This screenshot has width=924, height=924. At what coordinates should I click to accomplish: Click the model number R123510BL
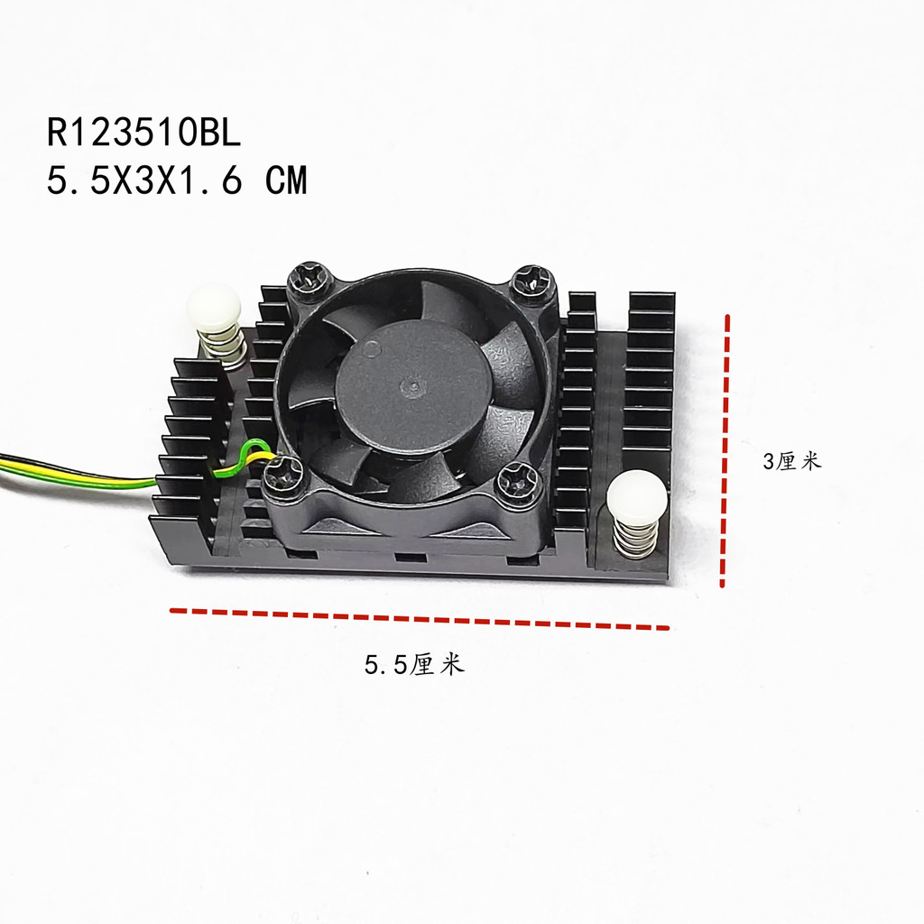point(144,134)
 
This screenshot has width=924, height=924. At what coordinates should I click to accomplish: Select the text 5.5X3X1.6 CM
point(177,182)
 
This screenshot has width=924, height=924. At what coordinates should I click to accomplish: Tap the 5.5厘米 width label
point(413,666)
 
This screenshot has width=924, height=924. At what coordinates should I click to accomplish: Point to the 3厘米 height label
point(791,462)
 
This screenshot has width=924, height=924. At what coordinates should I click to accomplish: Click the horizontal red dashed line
point(420,619)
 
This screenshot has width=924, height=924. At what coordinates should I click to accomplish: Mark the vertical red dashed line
point(725,451)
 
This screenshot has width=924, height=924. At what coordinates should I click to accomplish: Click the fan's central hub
point(412,386)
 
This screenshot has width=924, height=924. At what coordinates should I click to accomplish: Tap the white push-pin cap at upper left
point(214,307)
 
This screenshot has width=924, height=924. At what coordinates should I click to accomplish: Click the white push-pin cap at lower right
point(637,497)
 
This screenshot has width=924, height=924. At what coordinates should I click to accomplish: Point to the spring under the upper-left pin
point(220,346)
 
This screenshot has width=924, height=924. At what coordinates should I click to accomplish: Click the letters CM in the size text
point(286,182)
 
